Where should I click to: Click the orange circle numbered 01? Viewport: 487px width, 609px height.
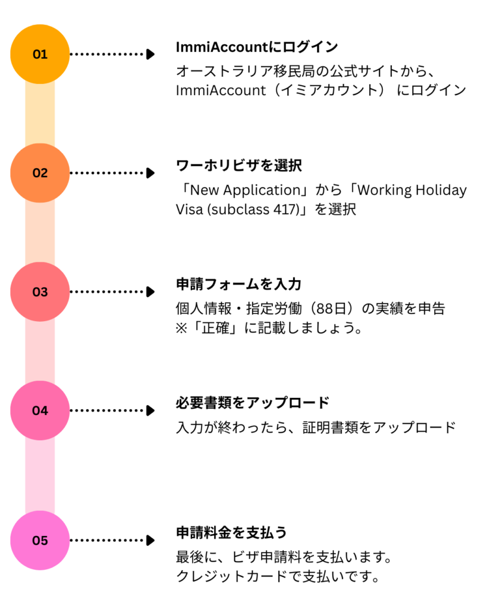[40, 54]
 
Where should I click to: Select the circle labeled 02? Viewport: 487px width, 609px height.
[40, 173]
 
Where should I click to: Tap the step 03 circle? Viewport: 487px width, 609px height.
[40, 292]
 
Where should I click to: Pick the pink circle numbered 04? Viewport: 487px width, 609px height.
[40, 410]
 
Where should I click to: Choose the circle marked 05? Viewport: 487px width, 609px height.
[40, 541]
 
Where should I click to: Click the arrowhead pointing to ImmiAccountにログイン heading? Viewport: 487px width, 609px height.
[150, 54]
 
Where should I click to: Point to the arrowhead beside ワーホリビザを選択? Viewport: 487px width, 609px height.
[150, 173]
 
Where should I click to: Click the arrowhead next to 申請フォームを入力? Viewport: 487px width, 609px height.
[150, 292]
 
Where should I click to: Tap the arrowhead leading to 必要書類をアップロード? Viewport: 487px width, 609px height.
[150, 410]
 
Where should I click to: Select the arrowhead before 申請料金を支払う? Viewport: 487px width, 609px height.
[150, 541]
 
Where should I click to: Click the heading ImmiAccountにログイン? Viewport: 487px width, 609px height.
[257, 47]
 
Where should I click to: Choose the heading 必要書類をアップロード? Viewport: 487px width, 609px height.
[253, 403]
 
